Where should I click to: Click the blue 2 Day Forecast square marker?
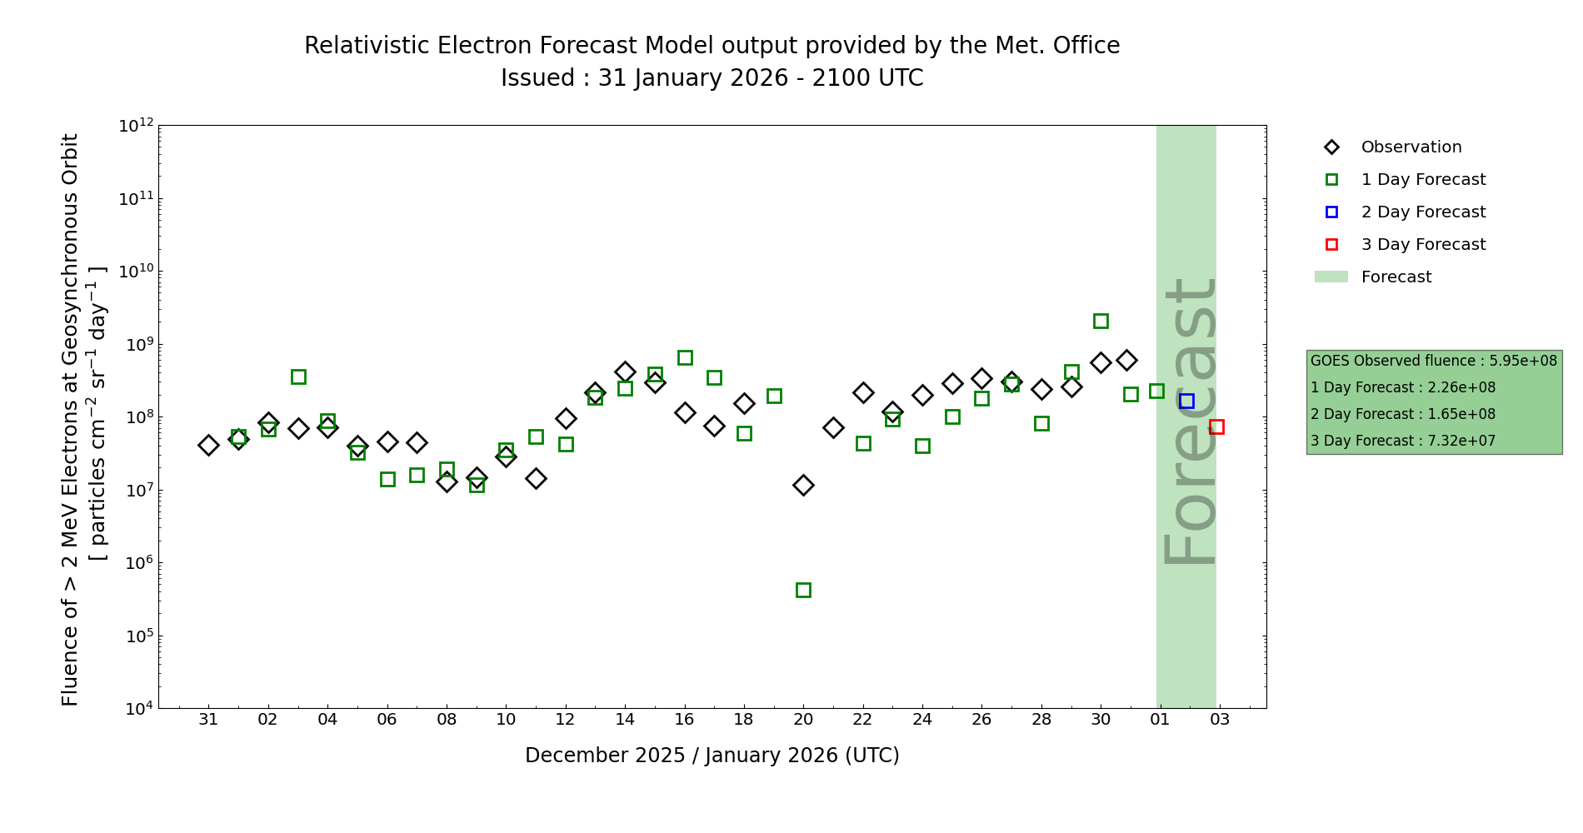pyautogui.click(x=1186, y=401)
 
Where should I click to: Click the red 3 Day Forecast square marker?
pyautogui.click(x=1216, y=426)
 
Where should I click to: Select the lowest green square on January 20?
pyautogui.click(x=803, y=590)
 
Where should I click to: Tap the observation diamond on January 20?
pyautogui.click(x=803, y=485)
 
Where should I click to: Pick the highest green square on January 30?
pyautogui.click(x=1101, y=321)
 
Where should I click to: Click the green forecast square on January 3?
pyautogui.click(x=298, y=377)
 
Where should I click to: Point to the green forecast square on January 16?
pyautogui.click(x=685, y=357)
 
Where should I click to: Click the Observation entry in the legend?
pyautogui.click(x=1411, y=147)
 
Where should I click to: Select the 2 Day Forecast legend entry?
pyautogui.click(x=1422, y=212)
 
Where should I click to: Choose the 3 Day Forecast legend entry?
pyautogui.click(x=1422, y=245)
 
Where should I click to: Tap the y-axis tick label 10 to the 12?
pyautogui.click(x=137, y=126)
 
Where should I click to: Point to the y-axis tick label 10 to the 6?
pyautogui.click(x=137, y=563)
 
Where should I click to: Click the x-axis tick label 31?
pyautogui.click(x=208, y=719)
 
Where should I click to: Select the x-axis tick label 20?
pyautogui.click(x=803, y=719)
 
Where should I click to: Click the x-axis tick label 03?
pyautogui.click(x=1220, y=719)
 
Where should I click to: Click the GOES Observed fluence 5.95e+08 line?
pyautogui.click(x=1433, y=361)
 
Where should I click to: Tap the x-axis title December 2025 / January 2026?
pyautogui.click(x=712, y=756)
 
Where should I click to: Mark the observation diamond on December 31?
pyautogui.click(x=208, y=445)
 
